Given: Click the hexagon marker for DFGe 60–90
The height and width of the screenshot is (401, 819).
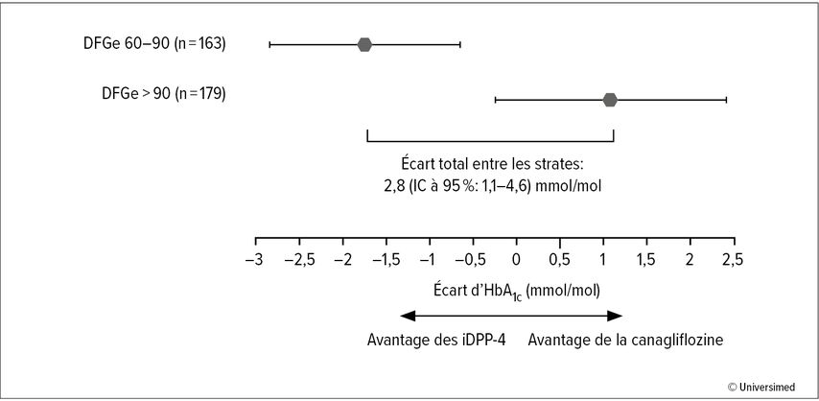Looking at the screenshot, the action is [364, 45].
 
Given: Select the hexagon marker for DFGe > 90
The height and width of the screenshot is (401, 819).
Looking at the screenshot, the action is [610, 100].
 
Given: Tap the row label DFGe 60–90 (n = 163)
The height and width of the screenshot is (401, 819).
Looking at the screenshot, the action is [154, 44].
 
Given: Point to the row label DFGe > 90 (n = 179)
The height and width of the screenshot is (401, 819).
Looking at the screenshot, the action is [164, 94].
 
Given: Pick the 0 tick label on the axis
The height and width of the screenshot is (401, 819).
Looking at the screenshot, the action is [516, 260].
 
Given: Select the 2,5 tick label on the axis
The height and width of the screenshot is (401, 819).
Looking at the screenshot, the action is [734, 260].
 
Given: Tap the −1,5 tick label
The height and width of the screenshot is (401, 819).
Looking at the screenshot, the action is [386, 260].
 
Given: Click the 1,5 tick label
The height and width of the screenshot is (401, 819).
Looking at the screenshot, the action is [647, 260].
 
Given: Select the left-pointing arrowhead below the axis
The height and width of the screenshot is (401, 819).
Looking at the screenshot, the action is [408, 316].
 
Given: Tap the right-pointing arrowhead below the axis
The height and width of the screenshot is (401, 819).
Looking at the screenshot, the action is [615, 316].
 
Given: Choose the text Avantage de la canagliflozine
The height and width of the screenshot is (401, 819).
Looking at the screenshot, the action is [625, 340].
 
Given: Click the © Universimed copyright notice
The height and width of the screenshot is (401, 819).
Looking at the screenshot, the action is [761, 387].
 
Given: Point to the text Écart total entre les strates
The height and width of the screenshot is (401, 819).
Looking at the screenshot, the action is [490, 164].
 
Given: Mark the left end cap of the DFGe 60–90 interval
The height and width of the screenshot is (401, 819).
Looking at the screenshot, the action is [269, 45].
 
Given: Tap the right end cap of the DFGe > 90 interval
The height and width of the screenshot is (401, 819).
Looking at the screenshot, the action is [726, 100].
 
